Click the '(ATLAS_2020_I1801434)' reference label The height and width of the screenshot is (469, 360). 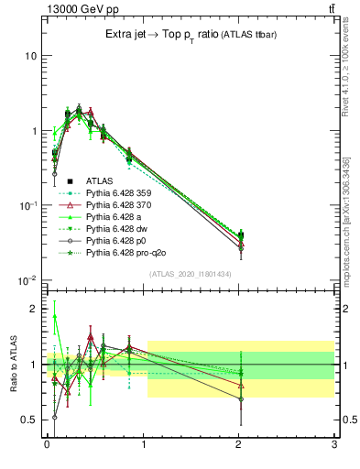coord(190,274)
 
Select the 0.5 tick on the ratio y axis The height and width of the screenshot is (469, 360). coord(30,420)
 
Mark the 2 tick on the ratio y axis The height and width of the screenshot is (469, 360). coord(34,309)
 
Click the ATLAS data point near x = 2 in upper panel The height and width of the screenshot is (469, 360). coord(241,236)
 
